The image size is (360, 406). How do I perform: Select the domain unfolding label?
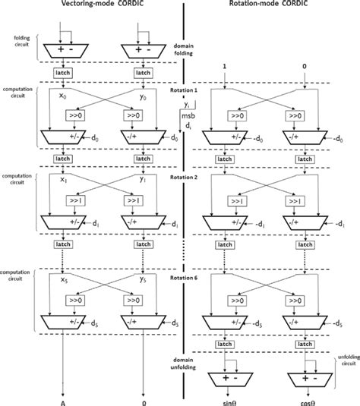point(182,364)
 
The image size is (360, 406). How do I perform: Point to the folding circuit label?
point(17,39)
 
